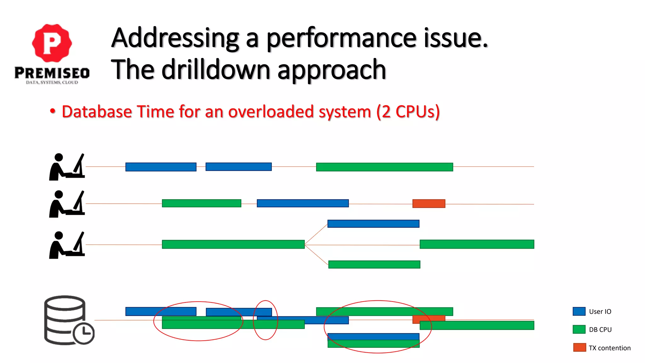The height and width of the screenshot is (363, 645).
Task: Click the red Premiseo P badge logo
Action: (52, 43)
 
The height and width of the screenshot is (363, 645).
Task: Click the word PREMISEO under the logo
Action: (52, 73)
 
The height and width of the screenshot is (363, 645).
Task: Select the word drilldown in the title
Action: (216, 70)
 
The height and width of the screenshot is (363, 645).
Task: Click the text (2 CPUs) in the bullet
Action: (408, 112)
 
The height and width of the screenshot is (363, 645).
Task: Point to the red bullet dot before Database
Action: (53, 111)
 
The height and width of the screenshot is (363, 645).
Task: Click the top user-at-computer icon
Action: (67, 167)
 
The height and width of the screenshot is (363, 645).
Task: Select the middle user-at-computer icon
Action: (67, 204)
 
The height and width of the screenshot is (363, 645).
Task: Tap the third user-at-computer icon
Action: (67, 245)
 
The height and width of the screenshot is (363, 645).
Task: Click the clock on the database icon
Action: (83, 333)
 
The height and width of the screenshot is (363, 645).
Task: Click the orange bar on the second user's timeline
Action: (429, 204)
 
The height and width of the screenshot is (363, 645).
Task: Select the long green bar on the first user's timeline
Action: (384, 167)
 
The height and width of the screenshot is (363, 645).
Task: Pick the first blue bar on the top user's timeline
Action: (161, 167)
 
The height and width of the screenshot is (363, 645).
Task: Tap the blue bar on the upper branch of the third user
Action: (373, 224)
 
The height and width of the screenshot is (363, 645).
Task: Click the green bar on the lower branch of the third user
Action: (374, 264)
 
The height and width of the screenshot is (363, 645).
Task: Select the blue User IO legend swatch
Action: (579, 311)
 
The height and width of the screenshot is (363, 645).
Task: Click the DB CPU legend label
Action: (600, 330)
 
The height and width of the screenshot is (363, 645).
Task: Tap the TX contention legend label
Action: (609, 348)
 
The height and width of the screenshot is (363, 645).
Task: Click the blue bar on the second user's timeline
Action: (303, 203)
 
